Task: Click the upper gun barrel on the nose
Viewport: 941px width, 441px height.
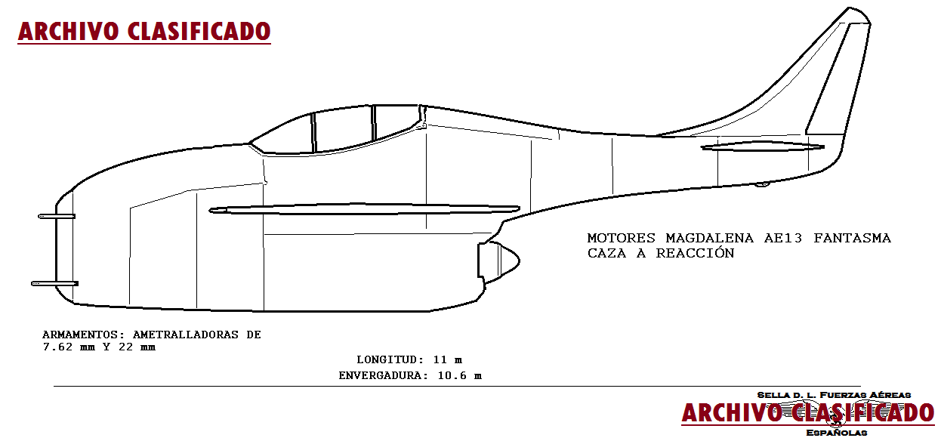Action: click(x=57, y=216)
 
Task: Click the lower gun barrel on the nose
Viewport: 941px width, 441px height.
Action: click(x=54, y=284)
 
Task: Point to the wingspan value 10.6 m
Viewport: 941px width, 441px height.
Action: click(x=459, y=375)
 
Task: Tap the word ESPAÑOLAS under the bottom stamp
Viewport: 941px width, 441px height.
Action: click(x=836, y=433)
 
